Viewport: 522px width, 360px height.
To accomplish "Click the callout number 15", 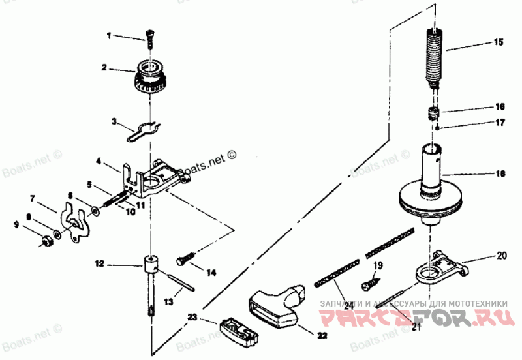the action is (499, 42).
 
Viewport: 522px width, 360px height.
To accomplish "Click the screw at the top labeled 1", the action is (149, 37).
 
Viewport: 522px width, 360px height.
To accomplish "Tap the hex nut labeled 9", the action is (46, 242).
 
